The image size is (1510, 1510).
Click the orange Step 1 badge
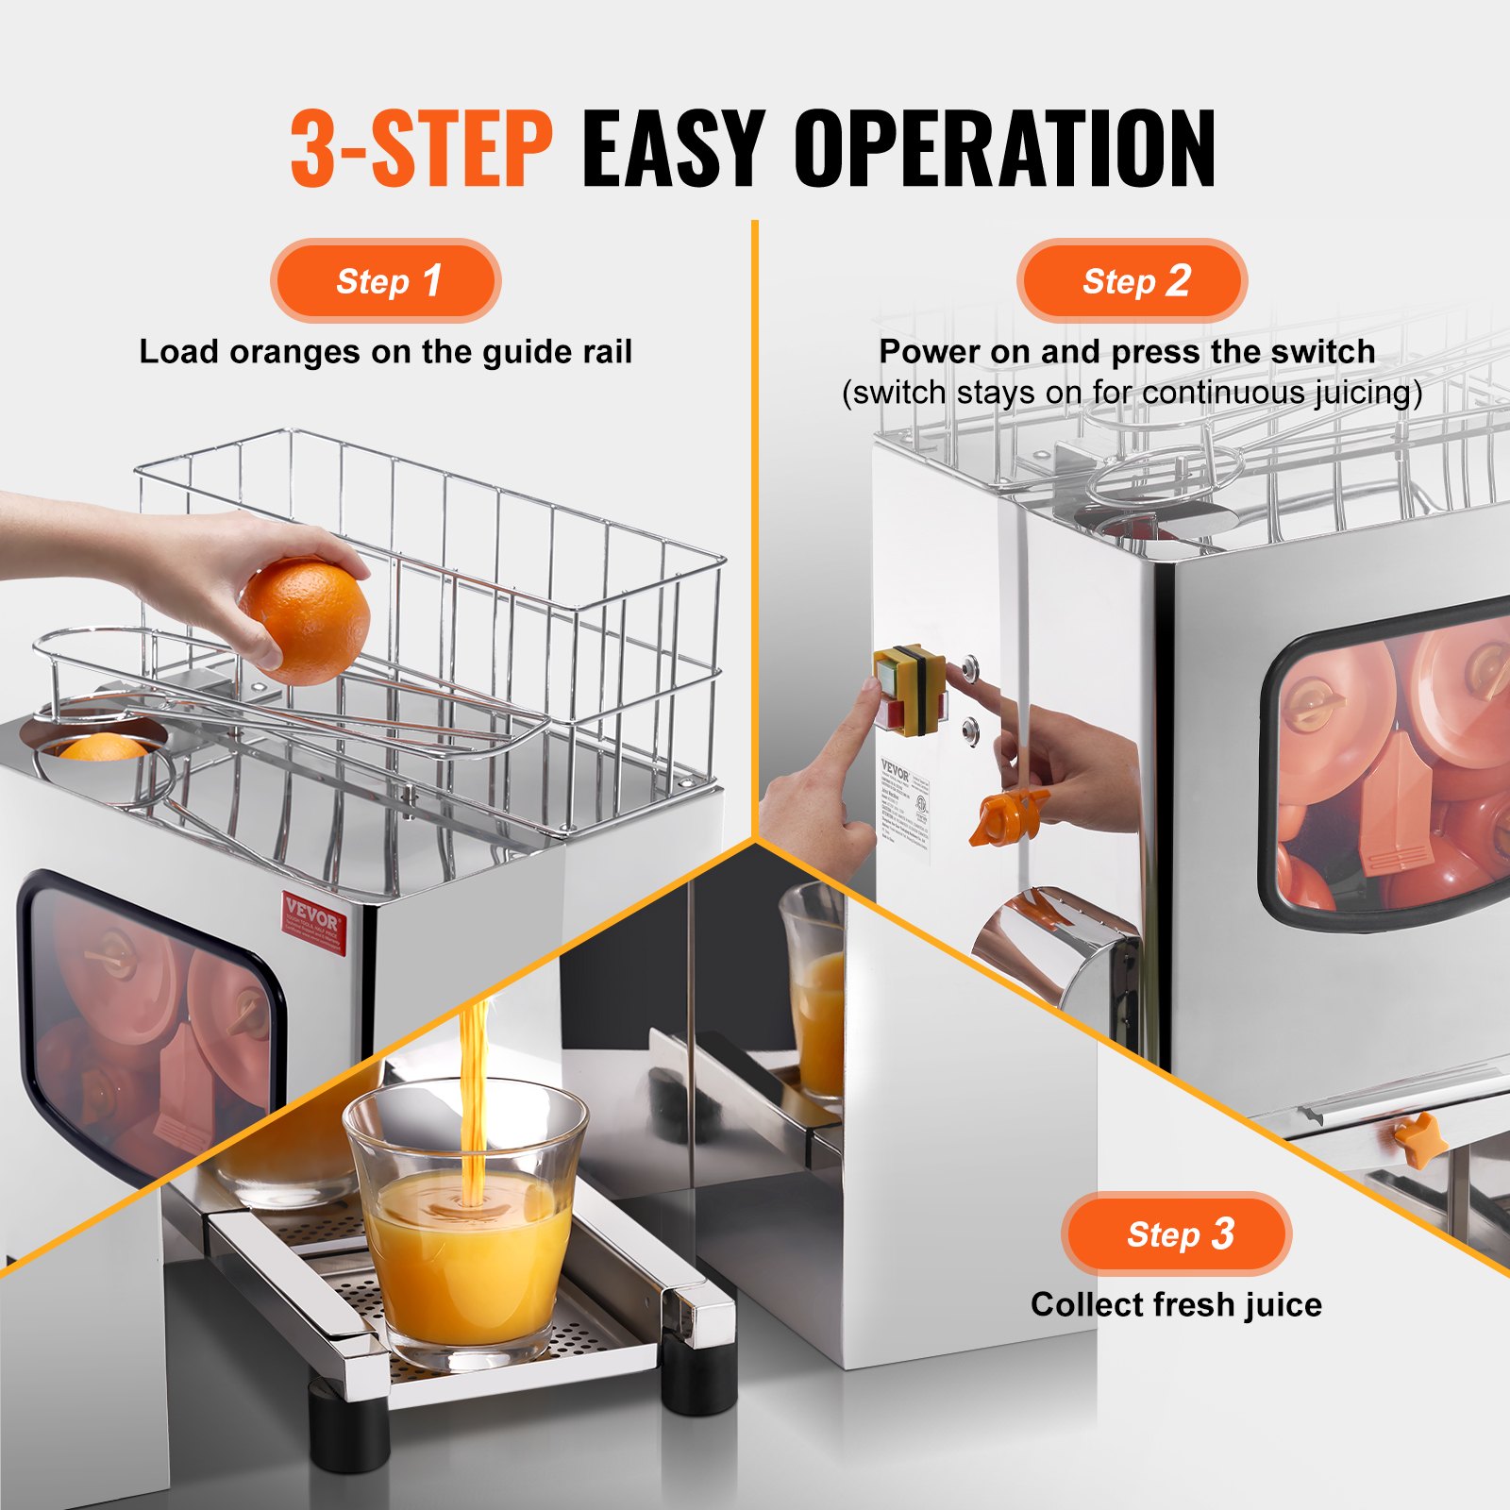[x=385, y=280]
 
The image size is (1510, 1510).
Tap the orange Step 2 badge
[x=1132, y=280]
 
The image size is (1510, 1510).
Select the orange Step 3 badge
[x=1176, y=1233]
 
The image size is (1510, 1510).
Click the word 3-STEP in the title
[x=421, y=148]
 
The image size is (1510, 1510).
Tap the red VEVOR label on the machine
[x=314, y=922]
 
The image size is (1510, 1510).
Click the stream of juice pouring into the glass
[x=472, y=1085]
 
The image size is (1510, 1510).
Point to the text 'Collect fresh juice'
[x=1176, y=1304]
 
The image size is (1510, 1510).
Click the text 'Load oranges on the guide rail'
[x=385, y=352]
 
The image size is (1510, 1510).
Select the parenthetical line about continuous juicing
[x=1132, y=393]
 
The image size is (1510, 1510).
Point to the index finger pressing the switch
[x=849, y=727]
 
